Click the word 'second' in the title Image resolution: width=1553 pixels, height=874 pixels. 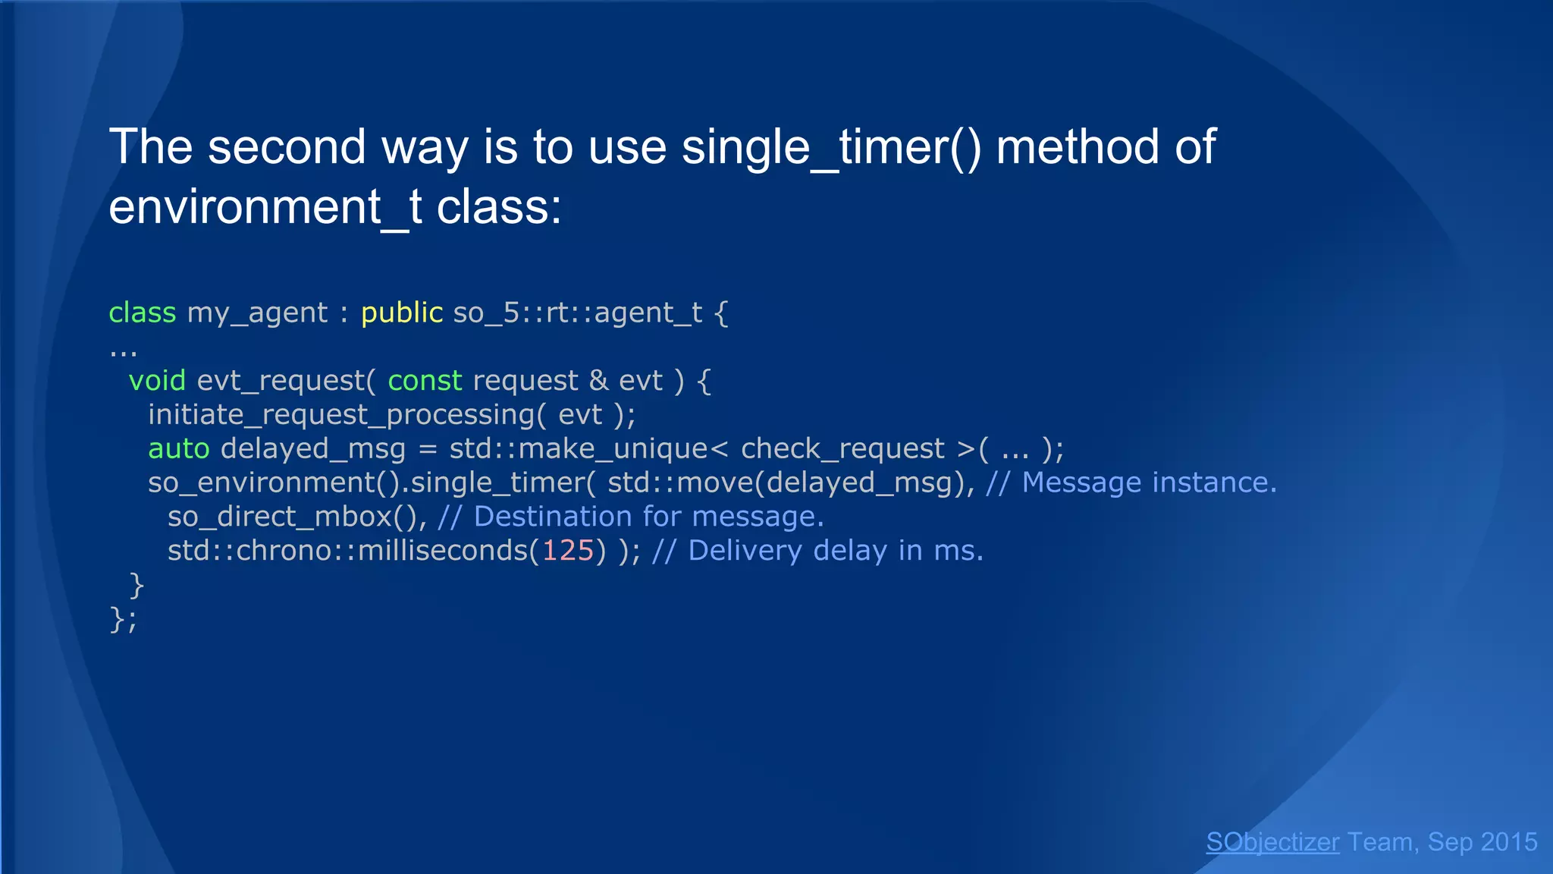tap(287, 147)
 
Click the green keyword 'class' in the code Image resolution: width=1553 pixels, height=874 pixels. tap(143, 313)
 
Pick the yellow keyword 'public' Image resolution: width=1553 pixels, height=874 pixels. tap(402, 313)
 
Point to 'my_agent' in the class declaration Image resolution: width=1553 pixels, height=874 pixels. tap(257, 313)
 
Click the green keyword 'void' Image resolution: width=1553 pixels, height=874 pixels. tap(157, 380)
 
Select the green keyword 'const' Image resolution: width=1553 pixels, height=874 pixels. tap(425, 380)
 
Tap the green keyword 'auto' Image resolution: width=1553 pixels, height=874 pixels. tap(179, 448)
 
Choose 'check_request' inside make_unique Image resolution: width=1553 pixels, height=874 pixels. tap(842, 448)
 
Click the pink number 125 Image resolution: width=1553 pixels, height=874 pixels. tap(568, 550)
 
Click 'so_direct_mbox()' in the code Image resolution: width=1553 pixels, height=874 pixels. tap(292, 517)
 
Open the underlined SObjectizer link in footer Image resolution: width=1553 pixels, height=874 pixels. tap(1272, 842)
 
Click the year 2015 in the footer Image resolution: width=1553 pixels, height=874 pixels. tap(1508, 842)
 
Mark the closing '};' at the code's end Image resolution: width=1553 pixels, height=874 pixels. tap(123, 619)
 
